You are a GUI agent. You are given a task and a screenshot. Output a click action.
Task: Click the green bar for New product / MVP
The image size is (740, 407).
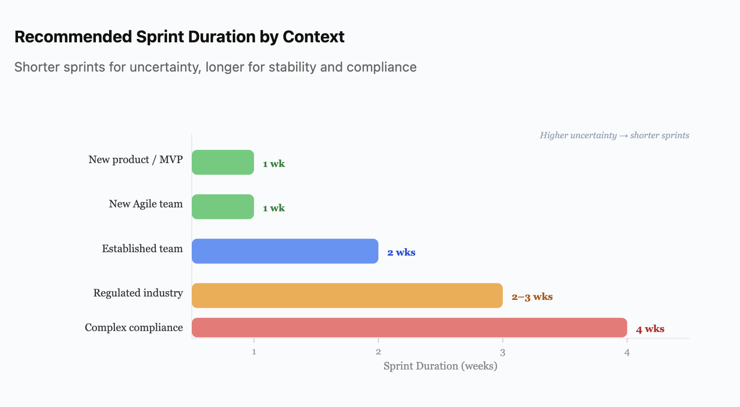click(x=222, y=162)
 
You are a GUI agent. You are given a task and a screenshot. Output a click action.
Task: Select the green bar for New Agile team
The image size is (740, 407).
click(x=222, y=206)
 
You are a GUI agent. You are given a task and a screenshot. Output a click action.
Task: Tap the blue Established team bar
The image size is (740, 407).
click(x=285, y=251)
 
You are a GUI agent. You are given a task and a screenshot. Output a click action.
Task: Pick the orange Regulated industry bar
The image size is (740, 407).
click(x=347, y=295)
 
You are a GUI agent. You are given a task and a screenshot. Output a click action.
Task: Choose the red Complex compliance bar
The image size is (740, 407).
click(x=409, y=327)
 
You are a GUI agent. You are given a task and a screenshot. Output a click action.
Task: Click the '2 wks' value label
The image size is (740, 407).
click(x=401, y=252)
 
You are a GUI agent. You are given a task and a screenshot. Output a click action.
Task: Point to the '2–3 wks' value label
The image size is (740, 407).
click(x=532, y=296)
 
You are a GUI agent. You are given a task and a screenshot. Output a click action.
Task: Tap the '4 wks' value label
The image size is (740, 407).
click(x=650, y=329)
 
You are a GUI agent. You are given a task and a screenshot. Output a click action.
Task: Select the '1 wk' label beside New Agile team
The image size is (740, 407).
click(x=274, y=208)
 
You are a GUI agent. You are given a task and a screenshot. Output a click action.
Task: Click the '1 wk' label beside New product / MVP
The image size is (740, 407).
click(x=274, y=164)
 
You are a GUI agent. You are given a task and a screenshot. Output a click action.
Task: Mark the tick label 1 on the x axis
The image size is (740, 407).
click(x=254, y=352)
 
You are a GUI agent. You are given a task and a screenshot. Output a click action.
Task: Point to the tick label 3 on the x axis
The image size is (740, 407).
click(x=502, y=352)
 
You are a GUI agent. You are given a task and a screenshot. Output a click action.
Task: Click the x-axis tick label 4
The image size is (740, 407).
click(x=627, y=352)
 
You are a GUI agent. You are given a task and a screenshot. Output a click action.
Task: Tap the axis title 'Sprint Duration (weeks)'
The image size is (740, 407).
click(x=440, y=366)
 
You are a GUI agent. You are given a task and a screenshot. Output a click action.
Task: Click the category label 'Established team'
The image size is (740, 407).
click(x=142, y=249)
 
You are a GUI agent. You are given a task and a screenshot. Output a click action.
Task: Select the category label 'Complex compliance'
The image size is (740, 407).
click(x=134, y=328)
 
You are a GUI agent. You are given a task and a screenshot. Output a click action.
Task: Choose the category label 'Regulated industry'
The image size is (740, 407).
click(x=138, y=293)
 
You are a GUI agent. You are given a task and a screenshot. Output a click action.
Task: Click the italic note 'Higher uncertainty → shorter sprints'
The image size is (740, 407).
click(x=614, y=135)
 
